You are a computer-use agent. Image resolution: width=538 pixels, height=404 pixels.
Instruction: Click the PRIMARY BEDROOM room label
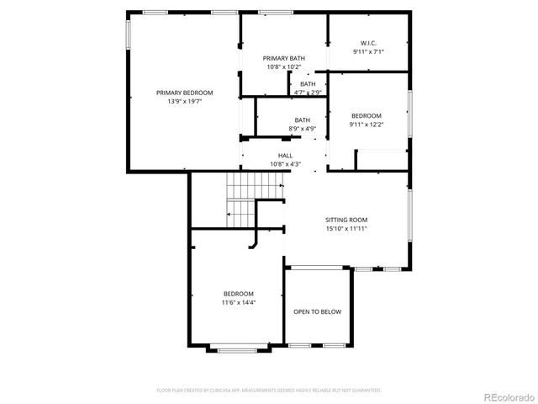pos(184,93)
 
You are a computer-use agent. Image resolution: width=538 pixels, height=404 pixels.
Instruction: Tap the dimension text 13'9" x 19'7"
pos(184,101)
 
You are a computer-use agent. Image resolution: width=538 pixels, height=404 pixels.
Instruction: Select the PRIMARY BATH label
pos(283,58)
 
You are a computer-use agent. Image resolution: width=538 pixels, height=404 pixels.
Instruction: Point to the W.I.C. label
pos(368,43)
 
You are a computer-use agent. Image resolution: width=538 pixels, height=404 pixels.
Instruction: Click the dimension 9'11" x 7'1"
pos(368,51)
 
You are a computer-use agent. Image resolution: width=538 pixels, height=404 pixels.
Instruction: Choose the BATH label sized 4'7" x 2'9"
pos(309,83)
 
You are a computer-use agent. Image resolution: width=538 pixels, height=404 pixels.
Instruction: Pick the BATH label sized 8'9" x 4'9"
pos(302,120)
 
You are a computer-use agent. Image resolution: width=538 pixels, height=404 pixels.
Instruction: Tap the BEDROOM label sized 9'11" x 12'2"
pos(367,115)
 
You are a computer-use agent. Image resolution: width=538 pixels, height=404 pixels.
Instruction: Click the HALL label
pos(286,156)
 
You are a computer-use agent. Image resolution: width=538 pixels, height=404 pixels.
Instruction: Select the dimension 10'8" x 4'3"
pos(286,164)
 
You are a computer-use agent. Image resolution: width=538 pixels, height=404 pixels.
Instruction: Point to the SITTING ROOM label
pos(347,219)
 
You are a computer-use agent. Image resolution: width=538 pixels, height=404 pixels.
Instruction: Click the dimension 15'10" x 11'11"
pos(347,227)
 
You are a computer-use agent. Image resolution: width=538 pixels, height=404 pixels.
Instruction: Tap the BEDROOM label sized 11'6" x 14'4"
pos(238,293)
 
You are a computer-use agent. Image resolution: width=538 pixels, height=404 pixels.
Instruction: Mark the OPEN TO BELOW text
pos(317,312)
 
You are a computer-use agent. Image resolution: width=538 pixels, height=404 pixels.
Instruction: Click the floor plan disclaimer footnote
pos(269,391)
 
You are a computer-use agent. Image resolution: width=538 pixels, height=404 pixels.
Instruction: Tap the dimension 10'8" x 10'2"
pos(283,66)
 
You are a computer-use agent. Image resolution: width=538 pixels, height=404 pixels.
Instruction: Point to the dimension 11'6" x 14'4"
pos(238,301)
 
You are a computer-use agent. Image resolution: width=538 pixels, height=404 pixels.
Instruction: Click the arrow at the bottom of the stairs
pos(229,215)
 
